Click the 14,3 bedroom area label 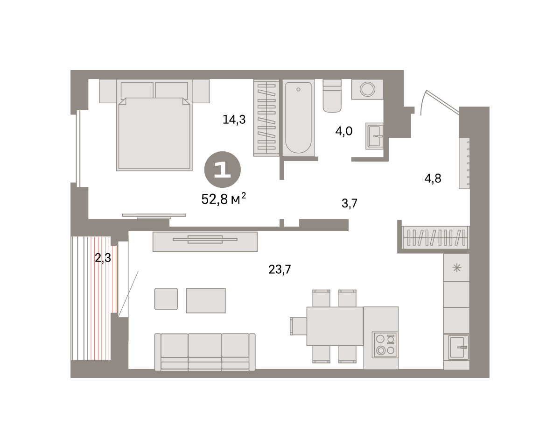234,120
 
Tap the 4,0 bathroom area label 344,131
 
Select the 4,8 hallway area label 433,178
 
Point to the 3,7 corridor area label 350,203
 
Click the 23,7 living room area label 280,270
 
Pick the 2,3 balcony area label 103,258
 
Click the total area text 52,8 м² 224,199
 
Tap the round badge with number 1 223,170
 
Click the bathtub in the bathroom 298,118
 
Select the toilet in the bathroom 332,96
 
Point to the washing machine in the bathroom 367,89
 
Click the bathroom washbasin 374,136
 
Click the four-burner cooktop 385,345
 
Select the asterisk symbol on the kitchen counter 457,268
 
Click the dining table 335,326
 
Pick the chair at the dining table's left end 298,326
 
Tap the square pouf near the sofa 166,299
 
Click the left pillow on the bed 137,90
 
